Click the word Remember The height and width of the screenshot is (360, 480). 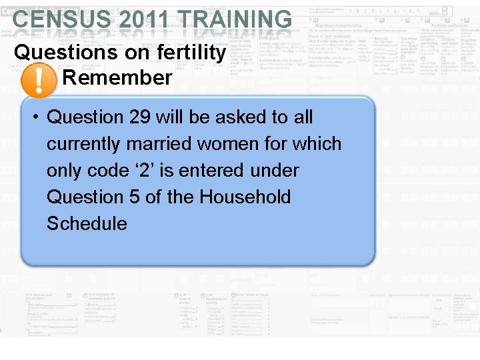tap(117, 78)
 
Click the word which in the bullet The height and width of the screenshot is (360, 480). tap(317, 144)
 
